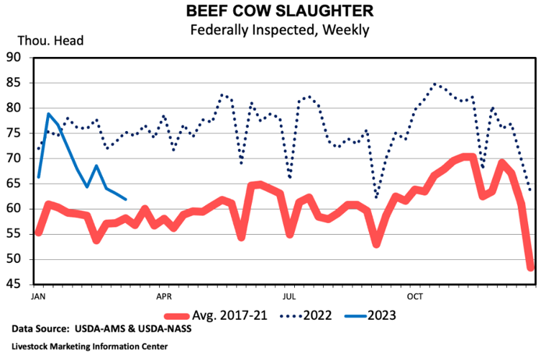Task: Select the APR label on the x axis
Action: pyautogui.click(x=163, y=296)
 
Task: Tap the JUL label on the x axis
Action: pyautogui.click(x=289, y=296)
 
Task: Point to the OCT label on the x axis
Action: pyautogui.click(x=415, y=296)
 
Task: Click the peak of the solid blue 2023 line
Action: pyautogui.click(x=48, y=114)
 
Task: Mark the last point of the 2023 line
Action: pyautogui.click(x=126, y=199)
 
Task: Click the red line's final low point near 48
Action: pyautogui.click(x=531, y=268)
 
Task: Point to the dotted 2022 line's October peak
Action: pyautogui.click(x=434, y=84)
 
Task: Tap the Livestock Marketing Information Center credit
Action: pyautogui.click(x=90, y=346)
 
